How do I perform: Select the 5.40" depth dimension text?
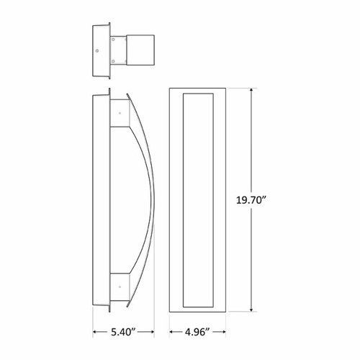tap(125, 332)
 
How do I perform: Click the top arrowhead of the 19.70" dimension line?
tap(251, 91)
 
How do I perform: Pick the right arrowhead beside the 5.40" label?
tap(153, 332)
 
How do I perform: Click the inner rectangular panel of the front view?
tap(199, 199)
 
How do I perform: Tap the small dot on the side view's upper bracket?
tap(119, 114)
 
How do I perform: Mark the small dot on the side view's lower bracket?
tap(119, 287)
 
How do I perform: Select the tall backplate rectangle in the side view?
tap(101, 202)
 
